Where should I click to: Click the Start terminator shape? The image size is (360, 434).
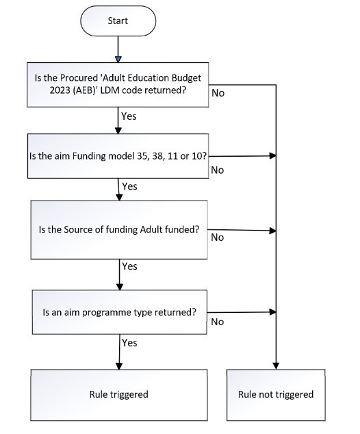(118, 21)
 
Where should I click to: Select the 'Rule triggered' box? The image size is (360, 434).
(119, 395)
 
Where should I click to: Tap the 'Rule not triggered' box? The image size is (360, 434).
(276, 395)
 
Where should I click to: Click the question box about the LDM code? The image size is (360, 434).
(118, 85)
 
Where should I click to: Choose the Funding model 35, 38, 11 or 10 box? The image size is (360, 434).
(118, 156)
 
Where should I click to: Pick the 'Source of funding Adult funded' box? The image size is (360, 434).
(119, 230)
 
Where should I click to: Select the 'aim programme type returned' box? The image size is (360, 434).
(120, 312)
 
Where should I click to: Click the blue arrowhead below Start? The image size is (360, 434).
(118, 60)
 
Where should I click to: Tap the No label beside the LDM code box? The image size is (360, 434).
(218, 93)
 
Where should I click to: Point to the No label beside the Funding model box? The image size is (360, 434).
(218, 170)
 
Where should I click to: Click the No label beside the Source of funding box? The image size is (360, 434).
(218, 238)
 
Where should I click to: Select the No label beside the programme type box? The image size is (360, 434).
(218, 322)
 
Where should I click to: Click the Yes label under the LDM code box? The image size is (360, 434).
(129, 116)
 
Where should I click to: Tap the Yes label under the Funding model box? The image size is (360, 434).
(130, 187)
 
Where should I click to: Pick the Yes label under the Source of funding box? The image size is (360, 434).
(130, 266)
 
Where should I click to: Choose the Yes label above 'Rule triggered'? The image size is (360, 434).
(130, 343)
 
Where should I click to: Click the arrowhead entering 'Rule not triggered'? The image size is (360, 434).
(276, 366)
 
